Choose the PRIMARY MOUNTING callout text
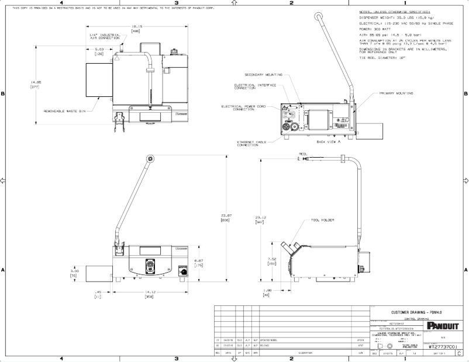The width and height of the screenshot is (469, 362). coord(396,93)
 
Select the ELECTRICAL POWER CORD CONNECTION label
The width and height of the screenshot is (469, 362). coord(240,108)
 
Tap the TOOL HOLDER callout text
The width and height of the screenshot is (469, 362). coord(323,220)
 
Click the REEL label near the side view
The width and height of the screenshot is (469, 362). coord(303,154)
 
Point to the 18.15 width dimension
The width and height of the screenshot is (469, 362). coord(137,26)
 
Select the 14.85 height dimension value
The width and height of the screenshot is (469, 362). coord(35,82)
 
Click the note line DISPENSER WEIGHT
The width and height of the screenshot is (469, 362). coord(395,18)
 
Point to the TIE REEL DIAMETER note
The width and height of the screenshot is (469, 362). coord(387,58)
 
